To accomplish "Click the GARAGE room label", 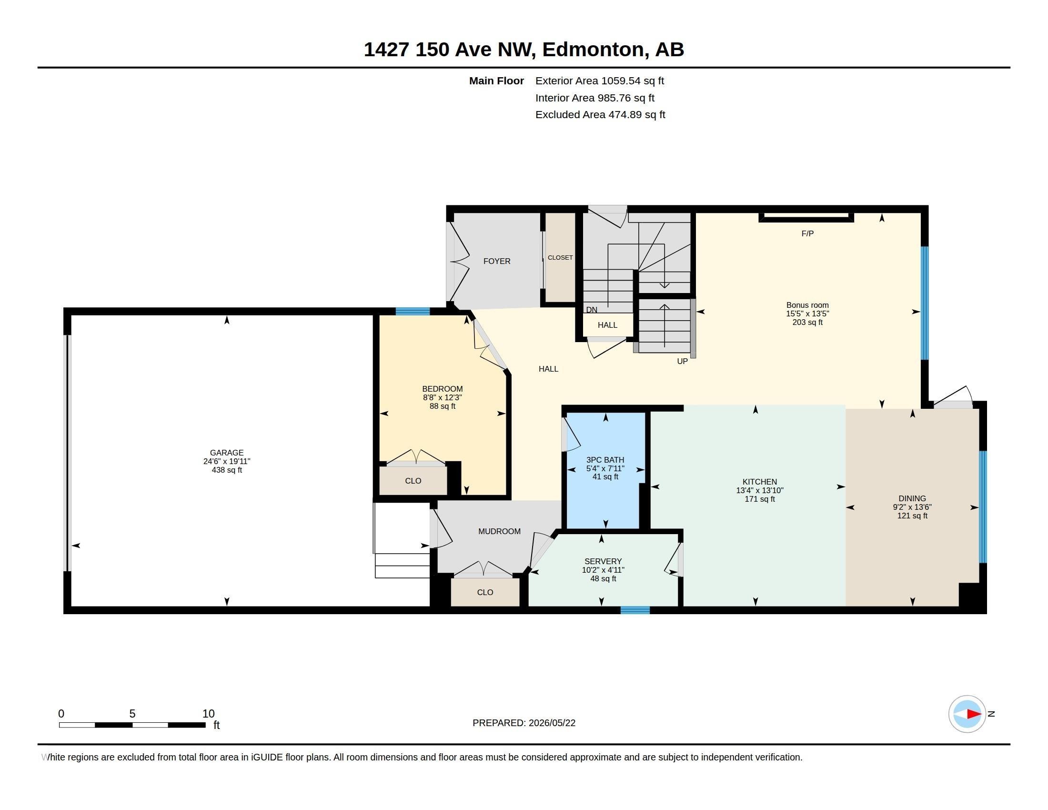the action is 226,453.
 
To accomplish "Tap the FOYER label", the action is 497,261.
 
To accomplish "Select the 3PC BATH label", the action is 605,460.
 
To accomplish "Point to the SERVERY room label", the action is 603,561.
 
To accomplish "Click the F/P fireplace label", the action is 807,233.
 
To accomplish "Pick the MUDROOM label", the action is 499,531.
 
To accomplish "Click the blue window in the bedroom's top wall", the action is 413,311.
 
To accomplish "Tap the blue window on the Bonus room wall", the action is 924,303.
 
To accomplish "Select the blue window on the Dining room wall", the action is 982,506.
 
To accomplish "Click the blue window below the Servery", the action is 635,610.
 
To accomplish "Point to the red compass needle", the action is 974,714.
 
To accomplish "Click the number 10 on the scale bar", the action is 208,714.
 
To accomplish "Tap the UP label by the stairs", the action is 682,361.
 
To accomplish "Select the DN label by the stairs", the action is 592,310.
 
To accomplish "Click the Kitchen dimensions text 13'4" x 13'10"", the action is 760,490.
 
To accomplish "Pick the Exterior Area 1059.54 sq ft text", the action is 599,81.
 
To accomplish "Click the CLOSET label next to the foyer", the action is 560,258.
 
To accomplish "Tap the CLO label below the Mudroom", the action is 484,592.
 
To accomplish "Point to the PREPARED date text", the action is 524,723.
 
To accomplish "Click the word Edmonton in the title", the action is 593,50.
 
